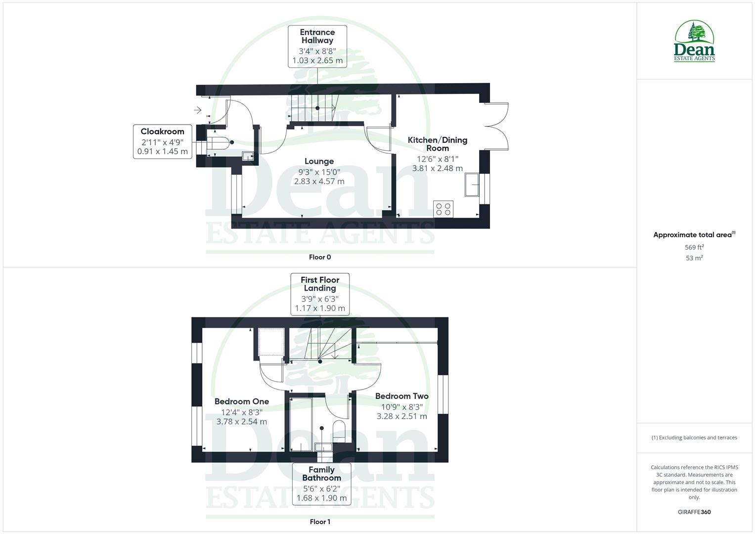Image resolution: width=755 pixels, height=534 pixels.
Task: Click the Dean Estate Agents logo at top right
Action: click(694, 41)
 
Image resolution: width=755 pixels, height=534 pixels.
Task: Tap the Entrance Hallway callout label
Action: click(317, 46)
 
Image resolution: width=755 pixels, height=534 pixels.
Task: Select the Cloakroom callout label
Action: click(162, 141)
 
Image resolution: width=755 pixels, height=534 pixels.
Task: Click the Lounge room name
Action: click(319, 161)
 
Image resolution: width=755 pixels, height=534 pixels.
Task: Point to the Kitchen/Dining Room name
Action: click(437, 144)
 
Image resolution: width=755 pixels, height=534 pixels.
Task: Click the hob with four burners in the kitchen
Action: click(443, 209)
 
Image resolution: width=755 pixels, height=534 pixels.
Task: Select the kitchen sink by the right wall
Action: click(472, 185)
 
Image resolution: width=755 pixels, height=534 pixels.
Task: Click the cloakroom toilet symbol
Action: click(219, 143)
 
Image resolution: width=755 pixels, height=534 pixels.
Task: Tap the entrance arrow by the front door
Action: click(198, 110)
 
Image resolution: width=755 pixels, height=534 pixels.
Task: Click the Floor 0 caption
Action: click(320, 257)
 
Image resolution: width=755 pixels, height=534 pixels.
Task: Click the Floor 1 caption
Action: click(320, 522)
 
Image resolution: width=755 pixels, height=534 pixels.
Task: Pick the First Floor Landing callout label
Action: click(320, 294)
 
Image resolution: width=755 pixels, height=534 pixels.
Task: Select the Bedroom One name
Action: click(242, 401)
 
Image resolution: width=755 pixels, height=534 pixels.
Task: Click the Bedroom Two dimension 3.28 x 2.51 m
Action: click(401, 416)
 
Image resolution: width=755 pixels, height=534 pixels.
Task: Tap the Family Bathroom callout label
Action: click(321, 484)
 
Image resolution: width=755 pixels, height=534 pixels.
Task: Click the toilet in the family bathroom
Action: click(340, 431)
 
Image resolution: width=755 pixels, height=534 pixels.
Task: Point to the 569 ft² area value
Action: click(694, 247)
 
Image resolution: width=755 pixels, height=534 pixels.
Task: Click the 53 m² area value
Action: click(694, 258)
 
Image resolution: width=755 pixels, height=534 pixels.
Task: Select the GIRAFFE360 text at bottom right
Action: click(694, 512)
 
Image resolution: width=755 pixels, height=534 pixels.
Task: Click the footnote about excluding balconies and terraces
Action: click(694, 438)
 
